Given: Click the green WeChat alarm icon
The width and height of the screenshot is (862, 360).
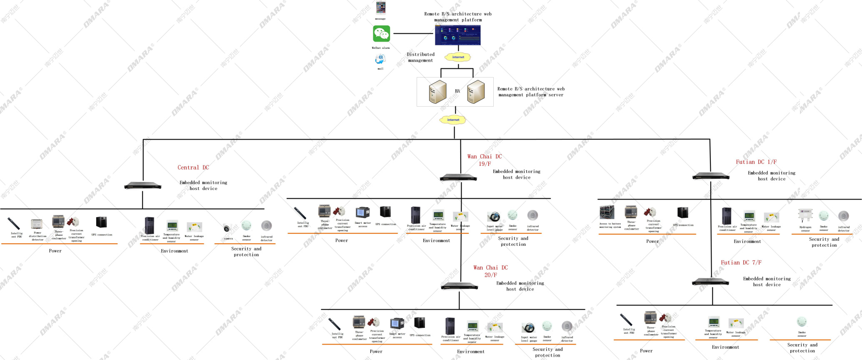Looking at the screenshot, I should [x=381, y=34].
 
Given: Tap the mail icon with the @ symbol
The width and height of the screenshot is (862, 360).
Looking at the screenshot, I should [x=380, y=59].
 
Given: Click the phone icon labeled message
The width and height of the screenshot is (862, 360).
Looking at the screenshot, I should [x=381, y=8].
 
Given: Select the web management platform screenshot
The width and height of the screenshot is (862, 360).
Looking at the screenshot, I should [x=457, y=35].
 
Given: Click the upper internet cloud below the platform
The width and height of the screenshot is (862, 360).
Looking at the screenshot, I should [x=458, y=57].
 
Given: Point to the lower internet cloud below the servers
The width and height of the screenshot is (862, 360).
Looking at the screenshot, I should [x=453, y=120].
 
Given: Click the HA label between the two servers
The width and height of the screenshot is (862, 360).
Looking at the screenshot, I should [x=457, y=91].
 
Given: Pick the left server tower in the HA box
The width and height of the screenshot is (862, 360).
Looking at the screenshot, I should [x=437, y=92].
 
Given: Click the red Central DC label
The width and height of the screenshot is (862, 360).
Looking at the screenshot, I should [x=193, y=167].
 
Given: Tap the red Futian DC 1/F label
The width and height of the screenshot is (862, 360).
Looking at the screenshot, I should [x=756, y=162].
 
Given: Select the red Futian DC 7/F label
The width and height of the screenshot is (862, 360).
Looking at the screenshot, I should [x=741, y=262].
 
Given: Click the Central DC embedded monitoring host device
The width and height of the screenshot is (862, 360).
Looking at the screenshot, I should [x=142, y=186].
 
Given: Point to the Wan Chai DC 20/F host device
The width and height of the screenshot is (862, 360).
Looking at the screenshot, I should [x=460, y=286].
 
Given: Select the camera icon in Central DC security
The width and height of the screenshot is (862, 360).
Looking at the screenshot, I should [x=227, y=228].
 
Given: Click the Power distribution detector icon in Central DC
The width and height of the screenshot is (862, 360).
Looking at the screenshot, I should [x=37, y=224].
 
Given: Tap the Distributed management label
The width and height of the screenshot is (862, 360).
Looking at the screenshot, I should [x=420, y=57].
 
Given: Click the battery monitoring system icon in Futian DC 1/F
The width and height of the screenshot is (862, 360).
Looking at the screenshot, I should [x=607, y=212].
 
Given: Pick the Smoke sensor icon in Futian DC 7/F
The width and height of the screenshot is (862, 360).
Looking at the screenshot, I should [x=802, y=322].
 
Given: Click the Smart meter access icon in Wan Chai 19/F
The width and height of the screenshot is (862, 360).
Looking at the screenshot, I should [x=362, y=213].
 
